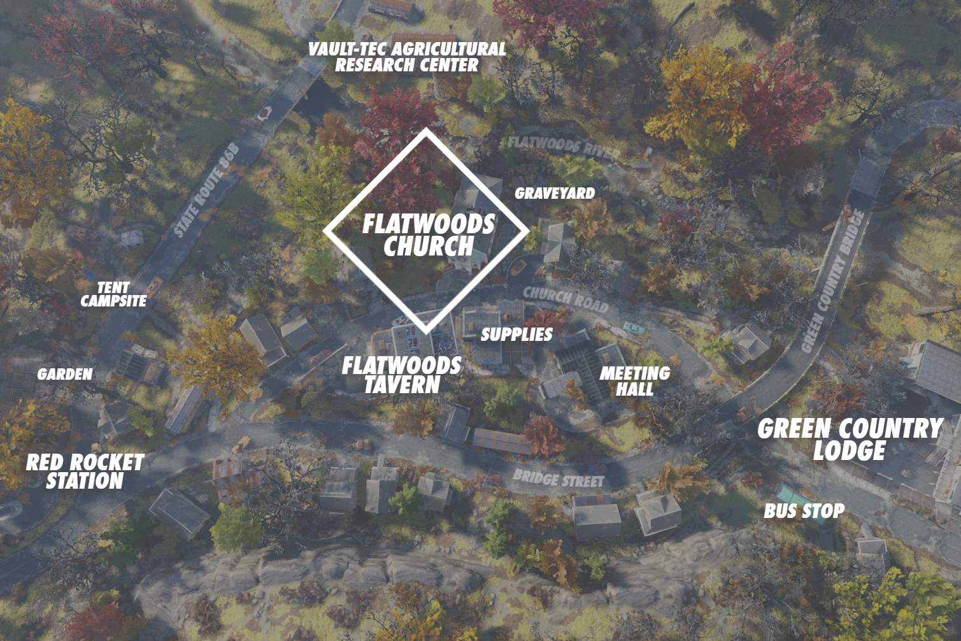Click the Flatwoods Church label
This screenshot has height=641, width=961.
click(x=429, y=235)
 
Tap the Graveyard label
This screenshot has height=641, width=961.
click(x=555, y=194)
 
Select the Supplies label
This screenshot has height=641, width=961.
click(x=516, y=335)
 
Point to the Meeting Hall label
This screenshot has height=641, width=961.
click(x=634, y=381)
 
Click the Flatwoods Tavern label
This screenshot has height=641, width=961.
click(x=402, y=375)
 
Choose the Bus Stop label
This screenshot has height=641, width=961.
click(x=804, y=511)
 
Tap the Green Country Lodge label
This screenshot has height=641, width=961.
click(x=850, y=439)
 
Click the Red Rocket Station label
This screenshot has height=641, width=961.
click(x=85, y=472)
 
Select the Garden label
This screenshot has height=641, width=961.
click(x=65, y=375)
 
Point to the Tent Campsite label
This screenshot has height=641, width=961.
click(x=113, y=294)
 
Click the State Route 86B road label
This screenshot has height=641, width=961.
click(x=206, y=190)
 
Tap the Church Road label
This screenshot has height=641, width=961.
click(x=566, y=299)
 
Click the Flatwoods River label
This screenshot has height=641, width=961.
click(x=564, y=147)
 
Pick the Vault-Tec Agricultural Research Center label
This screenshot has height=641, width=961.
click(x=407, y=57)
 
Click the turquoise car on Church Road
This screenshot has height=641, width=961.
click(x=633, y=328)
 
